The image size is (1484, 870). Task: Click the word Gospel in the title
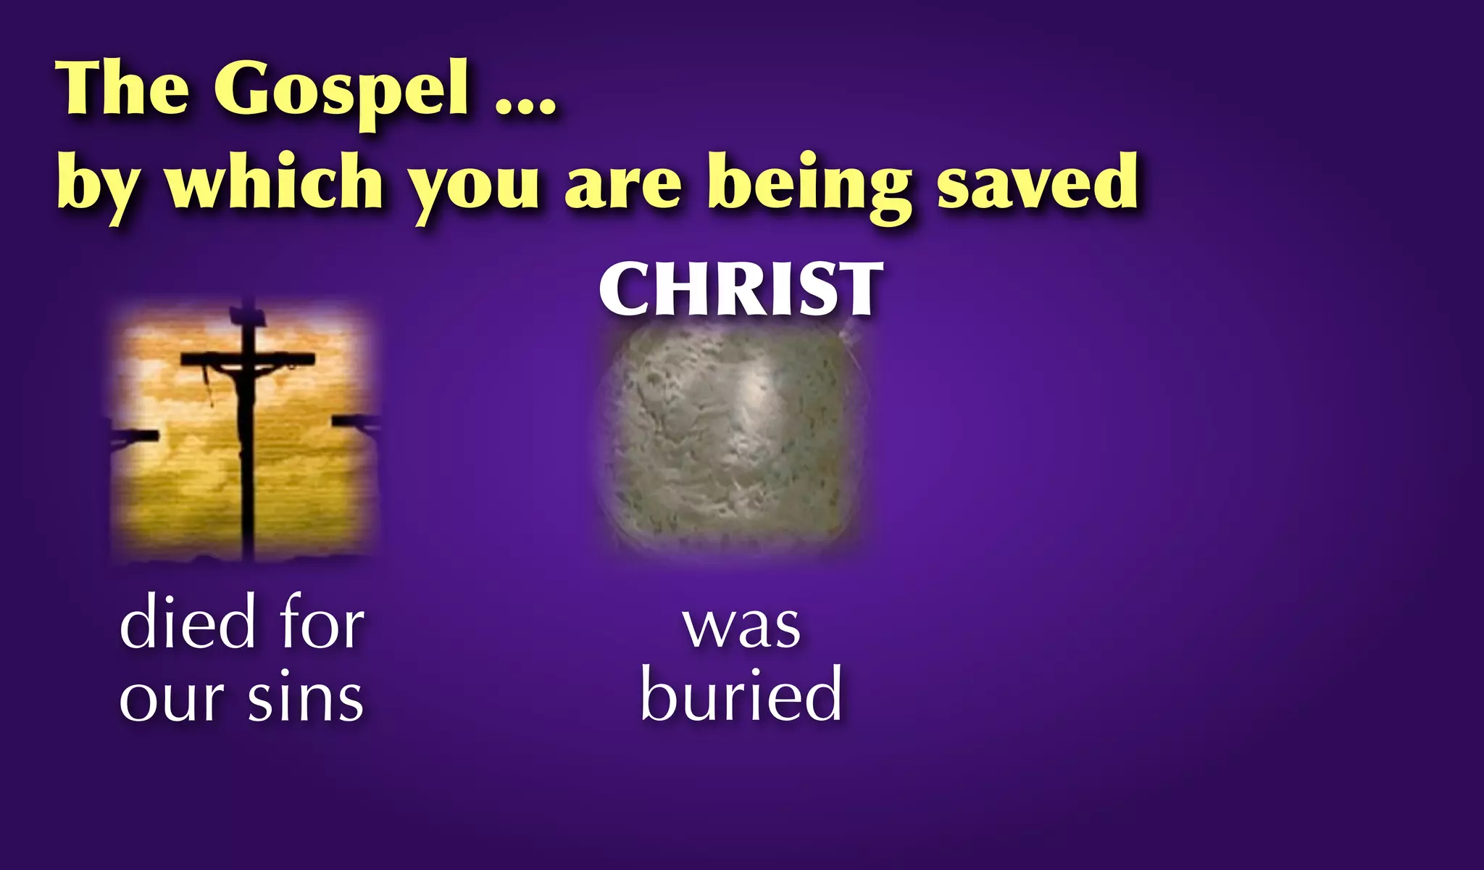(341, 91)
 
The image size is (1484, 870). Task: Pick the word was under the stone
(741, 626)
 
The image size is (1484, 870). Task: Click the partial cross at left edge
(134, 436)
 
